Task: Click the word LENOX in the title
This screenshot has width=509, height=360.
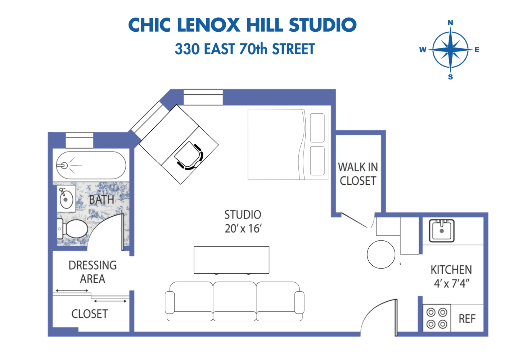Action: pyautogui.click(x=208, y=25)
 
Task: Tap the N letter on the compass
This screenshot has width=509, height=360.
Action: pyautogui.click(x=450, y=23)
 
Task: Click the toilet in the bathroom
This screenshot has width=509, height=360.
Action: pyautogui.click(x=75, y=229)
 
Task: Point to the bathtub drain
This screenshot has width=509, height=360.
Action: pyautogui.click(x=64, y=166)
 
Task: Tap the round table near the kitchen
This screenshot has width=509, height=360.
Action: pyautogui.click(x=381, y=254)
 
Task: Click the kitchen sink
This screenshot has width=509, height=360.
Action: pyautogui.click(x=442, y=230)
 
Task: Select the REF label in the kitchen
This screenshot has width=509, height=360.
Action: pyautogui.click(x=467, y=319)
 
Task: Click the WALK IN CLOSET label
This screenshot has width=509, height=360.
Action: pyautogui.click(x=358, y=174)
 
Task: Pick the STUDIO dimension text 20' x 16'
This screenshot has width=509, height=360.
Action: pyautogui.click(x=243, y=229)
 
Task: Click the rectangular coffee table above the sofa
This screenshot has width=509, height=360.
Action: pyautogui.click(x=231, y=260)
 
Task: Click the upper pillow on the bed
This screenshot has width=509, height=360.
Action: pyautogui.click(x=317, y=128)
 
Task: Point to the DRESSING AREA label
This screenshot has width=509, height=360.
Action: pyautogui.click(x=93, y=272)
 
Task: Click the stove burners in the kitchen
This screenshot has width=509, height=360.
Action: pyautogui.click(x=437, y=318)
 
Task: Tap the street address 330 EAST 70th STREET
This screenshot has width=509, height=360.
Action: pyautogui.click(x=245, y=49)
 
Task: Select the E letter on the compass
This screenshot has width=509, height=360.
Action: pyautogui.click(x=477, y=50)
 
